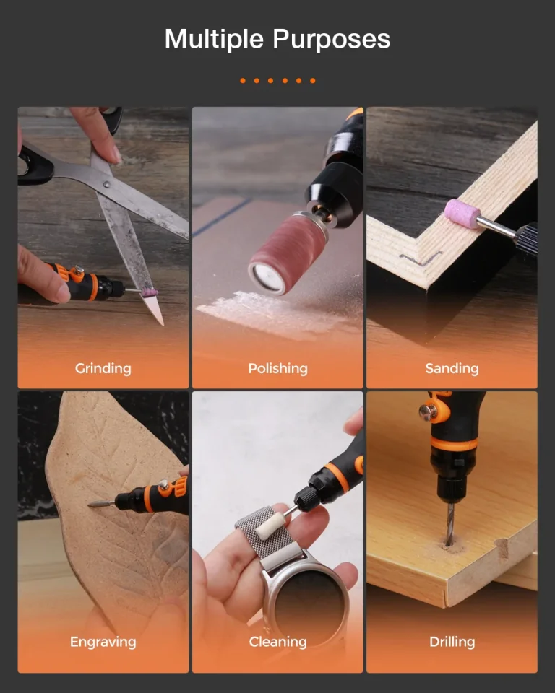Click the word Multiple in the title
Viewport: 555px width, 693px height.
coord(214,39)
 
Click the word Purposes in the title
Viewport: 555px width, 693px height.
coord(332,40)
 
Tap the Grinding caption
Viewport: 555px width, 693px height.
coord(103,369)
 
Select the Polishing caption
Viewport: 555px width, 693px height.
coord(277,369)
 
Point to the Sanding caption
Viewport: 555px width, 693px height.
coord(452,369)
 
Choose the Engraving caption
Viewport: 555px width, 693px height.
coord(103,642)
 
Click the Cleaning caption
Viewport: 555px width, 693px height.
coord(277,642)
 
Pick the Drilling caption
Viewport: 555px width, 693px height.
coord(452,642)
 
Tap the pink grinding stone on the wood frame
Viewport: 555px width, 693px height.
coord(462,214)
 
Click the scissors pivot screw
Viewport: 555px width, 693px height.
coord(106,184)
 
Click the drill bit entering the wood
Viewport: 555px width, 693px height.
coord(450,524)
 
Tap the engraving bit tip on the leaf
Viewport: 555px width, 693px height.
coord(89,504)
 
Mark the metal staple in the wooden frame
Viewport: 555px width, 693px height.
coord(420,258)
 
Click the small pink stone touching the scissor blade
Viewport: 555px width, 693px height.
coord(150,292)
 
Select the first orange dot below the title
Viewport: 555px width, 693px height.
coord(243,80)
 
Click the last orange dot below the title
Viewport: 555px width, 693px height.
coord(312,80)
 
